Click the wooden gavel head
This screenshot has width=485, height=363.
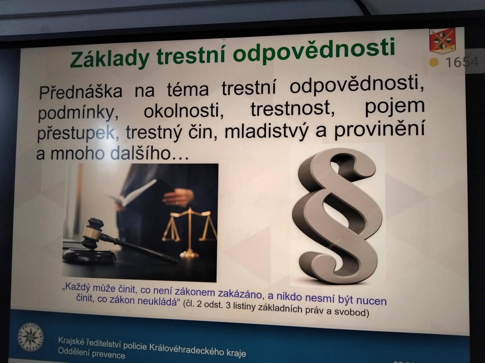(x=92, y=234)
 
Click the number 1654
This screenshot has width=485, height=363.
(x=462, y=62)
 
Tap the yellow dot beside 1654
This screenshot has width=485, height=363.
(x=434, y=63)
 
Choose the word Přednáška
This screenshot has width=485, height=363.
(x=81, y=92)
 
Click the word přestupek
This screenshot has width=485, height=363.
(x=78, y=133)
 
